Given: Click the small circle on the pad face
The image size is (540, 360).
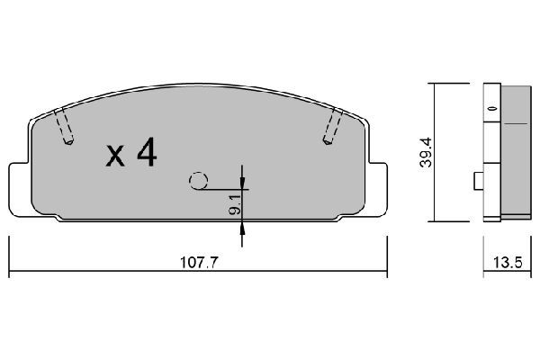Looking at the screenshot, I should tap(199, 180).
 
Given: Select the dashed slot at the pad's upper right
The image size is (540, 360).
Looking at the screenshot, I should tap(330, 125).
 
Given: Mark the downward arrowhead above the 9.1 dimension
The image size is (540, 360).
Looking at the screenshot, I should tap(241, 184).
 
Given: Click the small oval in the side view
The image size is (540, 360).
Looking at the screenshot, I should tap(492, 109).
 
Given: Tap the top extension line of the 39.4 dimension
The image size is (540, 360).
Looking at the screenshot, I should tap(450, 84).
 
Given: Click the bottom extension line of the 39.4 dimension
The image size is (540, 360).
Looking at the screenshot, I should tap(450, 221).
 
